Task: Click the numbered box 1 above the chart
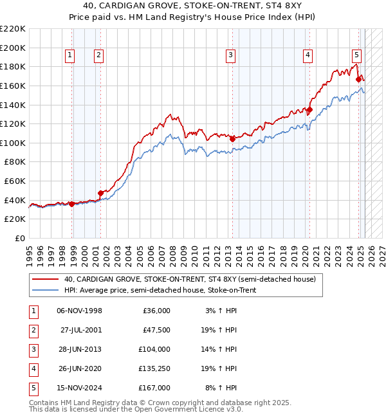pyautogui.click(x=69, y=56)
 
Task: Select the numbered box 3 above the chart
pyautogui.click(x=230, y=56)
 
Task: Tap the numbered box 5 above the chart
pyautogui.click(x=356, y=56)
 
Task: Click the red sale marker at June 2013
pyautogui.click(x=232, y=138)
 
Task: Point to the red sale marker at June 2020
pyautogui.click(x=309, y=109)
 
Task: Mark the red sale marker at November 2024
pyautogui.click(x=358, y=79)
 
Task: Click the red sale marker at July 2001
pyautogui.click(x=100, y=192)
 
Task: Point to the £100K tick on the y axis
pyautogui.click(x=14, y=143)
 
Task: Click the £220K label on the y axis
pyautogui.click(x=14, y=29)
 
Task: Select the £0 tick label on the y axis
pyautogui.click(x=19, y=238)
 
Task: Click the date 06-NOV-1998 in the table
pyautogui.click(x=79, y=311)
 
